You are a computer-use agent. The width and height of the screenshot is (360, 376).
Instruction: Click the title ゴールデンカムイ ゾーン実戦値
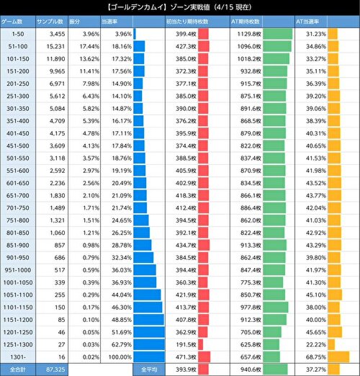pyautogui.click(x=180, y=6)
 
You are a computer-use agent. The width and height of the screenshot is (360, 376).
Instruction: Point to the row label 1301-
pyautogui.click(x=16, y=357)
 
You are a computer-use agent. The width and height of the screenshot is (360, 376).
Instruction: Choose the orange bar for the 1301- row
pyautogui.click(x=338, y=357)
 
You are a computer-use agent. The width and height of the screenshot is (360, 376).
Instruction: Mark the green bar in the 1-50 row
pyautogui.click(x=278, y=34)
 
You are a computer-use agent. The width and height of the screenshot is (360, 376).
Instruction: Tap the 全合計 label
pyautogui.click(x=16, y=369)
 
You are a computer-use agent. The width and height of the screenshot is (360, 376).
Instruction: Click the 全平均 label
pyautogui.click(x=150, y=369)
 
